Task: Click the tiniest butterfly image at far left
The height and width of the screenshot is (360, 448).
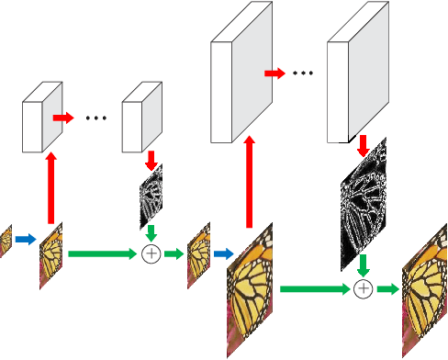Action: point(6,240)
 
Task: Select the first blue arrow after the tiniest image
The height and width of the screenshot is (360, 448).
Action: point(25,240)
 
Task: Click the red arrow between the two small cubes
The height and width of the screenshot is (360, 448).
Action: point(62,118)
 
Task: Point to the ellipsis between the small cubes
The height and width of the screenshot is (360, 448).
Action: point(96,118)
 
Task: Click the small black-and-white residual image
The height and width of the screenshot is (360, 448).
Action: point(151,197)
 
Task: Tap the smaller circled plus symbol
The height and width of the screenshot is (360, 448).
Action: point(151,253)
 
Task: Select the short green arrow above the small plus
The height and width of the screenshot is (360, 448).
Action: point(151,233)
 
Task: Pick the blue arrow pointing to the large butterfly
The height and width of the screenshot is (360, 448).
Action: point(223,253)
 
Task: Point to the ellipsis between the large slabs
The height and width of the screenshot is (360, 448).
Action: point(303,72)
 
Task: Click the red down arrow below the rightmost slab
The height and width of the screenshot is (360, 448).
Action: point(364,144)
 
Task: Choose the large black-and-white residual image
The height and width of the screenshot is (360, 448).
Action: point(364,207)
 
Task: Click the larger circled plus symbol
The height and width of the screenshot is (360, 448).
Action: point(364,289)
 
